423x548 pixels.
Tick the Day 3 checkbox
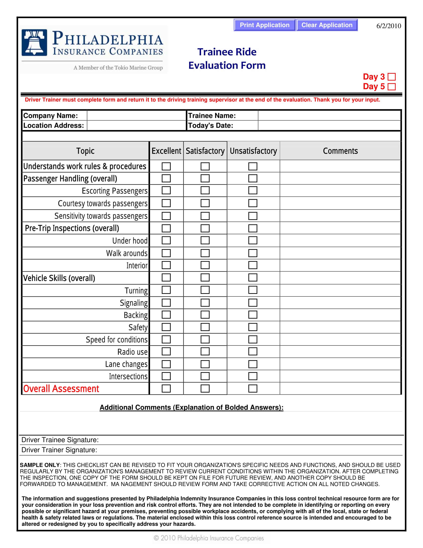click(391, 77)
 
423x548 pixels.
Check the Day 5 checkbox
click(391, 87)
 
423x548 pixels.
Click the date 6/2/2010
click(388, 26)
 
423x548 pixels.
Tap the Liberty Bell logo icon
click(34, 42)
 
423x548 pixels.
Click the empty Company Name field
click(136, 116)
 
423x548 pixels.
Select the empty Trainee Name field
click(329, 116)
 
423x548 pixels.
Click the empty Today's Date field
click(329, 126)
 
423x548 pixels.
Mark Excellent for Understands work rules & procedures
click(166, 166)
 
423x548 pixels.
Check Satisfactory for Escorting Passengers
click(205, 191)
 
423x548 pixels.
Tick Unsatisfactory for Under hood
click(253, 240)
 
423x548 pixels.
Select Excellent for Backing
click(166, 315)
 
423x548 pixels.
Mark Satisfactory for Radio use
click(205, 351)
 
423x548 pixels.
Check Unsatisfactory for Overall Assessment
click(253, 388)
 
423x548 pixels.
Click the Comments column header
click(340, 151)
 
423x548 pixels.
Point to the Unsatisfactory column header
click(253, 151)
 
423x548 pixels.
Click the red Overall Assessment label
click(61, 389)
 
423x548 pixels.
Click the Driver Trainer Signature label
click(59, 450)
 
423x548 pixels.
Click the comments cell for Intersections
click(340, 376)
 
